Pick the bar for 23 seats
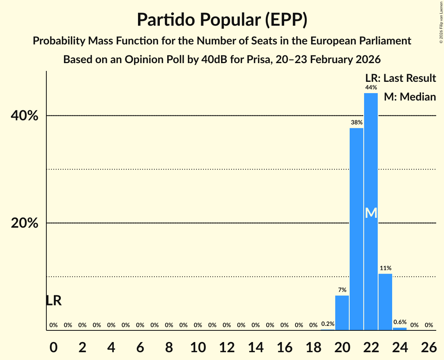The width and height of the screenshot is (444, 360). (x=385, y=302)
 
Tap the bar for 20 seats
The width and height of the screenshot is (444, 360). (x=342, y=313)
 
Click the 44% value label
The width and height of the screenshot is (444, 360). (x=371, y=88)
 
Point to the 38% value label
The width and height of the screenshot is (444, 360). (x=356, y=122)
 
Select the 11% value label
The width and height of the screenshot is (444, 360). (x=385, y=268)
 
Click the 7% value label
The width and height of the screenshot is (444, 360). (x=342, y=290)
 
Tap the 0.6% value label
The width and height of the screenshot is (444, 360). (x=400, y=322)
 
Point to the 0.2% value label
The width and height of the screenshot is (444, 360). (x=327, y=323)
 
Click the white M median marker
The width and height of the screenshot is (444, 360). (x=371, y=213)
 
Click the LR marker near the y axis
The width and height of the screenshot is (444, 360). (x=53, y=300)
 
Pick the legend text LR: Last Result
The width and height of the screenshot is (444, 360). (x=400, y=78)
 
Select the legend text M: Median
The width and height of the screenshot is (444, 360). (x=410, y=97)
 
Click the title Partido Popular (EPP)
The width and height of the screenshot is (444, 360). (x=222, y=20)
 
